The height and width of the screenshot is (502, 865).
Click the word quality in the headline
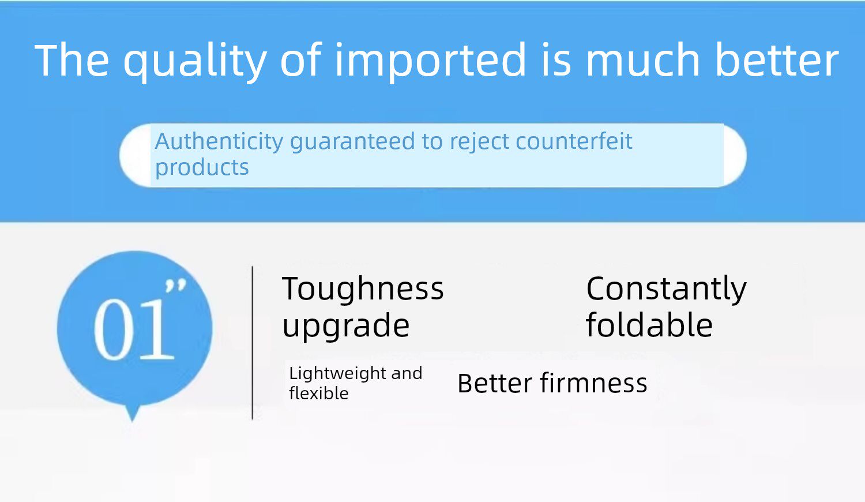[195, 61]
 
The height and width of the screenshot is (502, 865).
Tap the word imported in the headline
[430, 61]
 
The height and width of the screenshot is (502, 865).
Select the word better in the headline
[777, 59]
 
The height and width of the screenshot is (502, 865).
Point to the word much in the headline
[642, 59]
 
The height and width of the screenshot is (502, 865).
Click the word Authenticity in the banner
[219, 141]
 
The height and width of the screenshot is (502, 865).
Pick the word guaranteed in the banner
[352, 143]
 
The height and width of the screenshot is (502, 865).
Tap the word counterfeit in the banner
[574, 141]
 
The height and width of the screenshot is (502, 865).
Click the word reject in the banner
[479, 142]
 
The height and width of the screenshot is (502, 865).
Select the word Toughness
[363, 289]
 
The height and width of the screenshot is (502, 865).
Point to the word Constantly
[667, 289]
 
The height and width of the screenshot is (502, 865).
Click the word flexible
[318, 394]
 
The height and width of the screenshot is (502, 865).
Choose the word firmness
[593, 383]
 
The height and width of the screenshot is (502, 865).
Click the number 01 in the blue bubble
[134, 329]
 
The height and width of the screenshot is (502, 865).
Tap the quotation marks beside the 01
[176, 285]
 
